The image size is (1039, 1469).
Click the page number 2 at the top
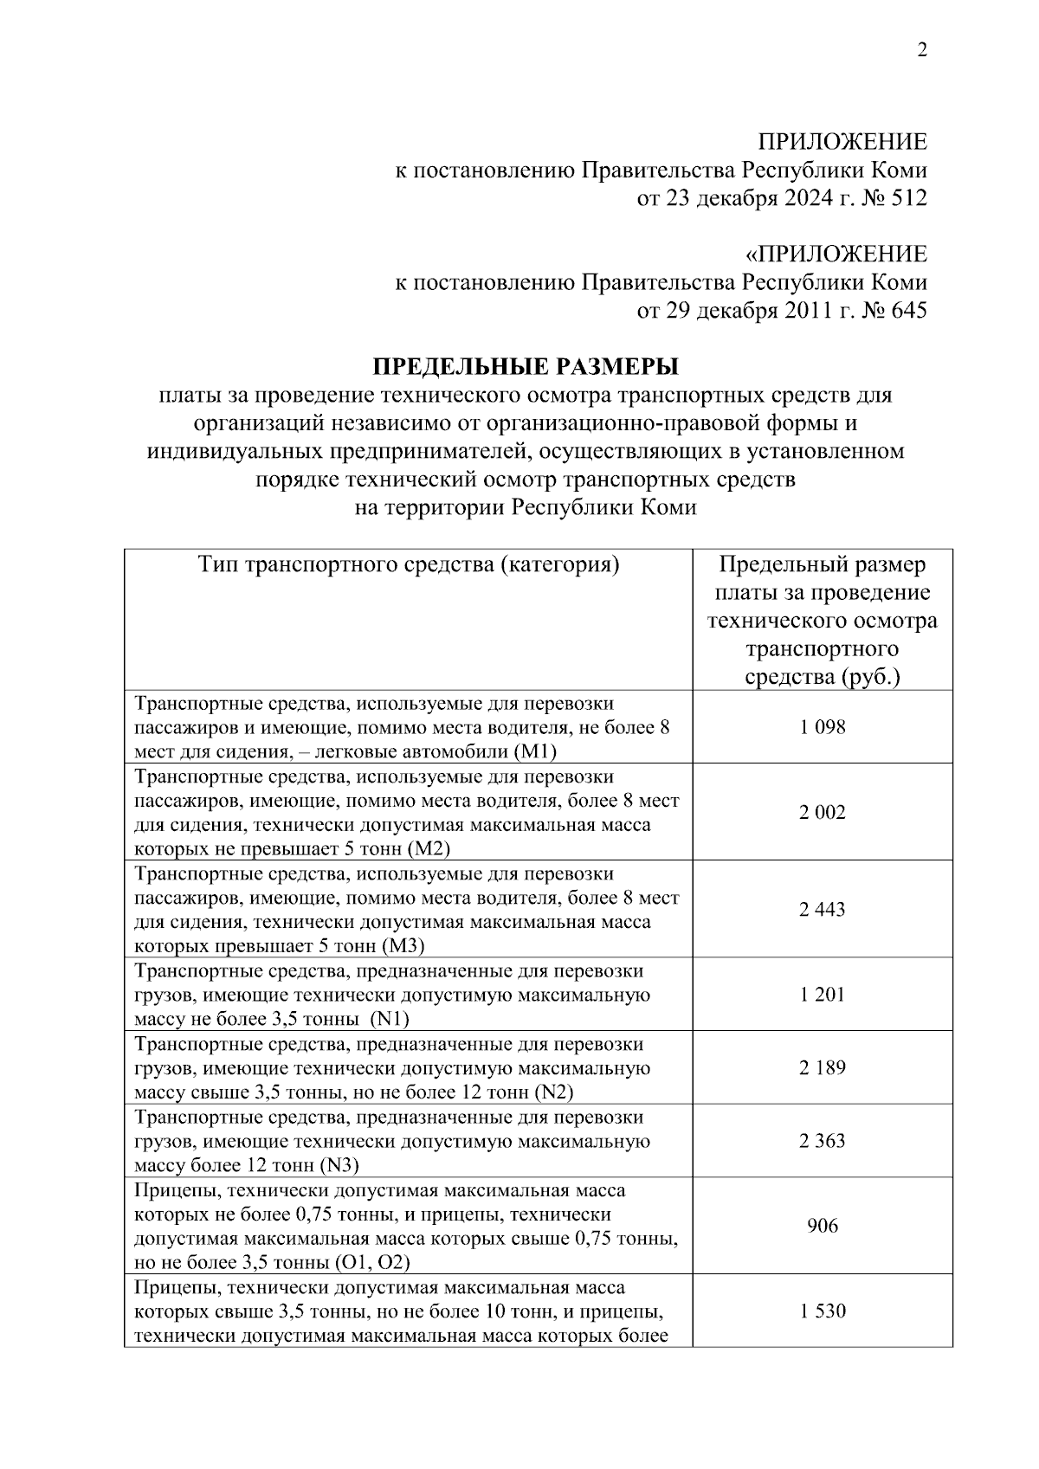click(x=921, y=50)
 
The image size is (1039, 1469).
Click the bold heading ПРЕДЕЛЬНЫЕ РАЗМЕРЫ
click(x=526, y=367)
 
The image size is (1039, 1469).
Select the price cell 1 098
click(x=822, y=727)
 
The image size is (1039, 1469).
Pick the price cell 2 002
click(x=822, y=812)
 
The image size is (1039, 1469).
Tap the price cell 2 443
click(x=822, y=909)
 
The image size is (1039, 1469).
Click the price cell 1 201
click(x=822, y=994)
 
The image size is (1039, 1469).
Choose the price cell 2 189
click(x=822, y=1067)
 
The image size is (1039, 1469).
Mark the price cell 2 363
click(x=822, y=1140)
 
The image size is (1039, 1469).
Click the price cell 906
click(x=822, y=1225)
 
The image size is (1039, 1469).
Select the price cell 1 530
click(x=822, y=1311)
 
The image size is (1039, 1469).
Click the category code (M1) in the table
click(x=541, y=751)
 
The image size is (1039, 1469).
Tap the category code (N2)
click(x=554, y=1092)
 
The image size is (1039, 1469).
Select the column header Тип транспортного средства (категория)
click(x=409, y=565)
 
